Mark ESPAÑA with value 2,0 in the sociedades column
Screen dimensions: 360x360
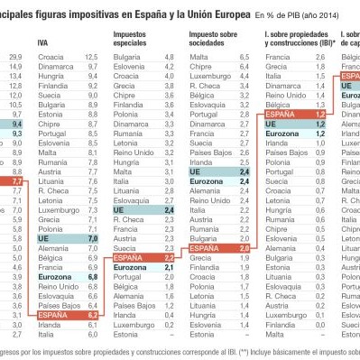tap(206, 247)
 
